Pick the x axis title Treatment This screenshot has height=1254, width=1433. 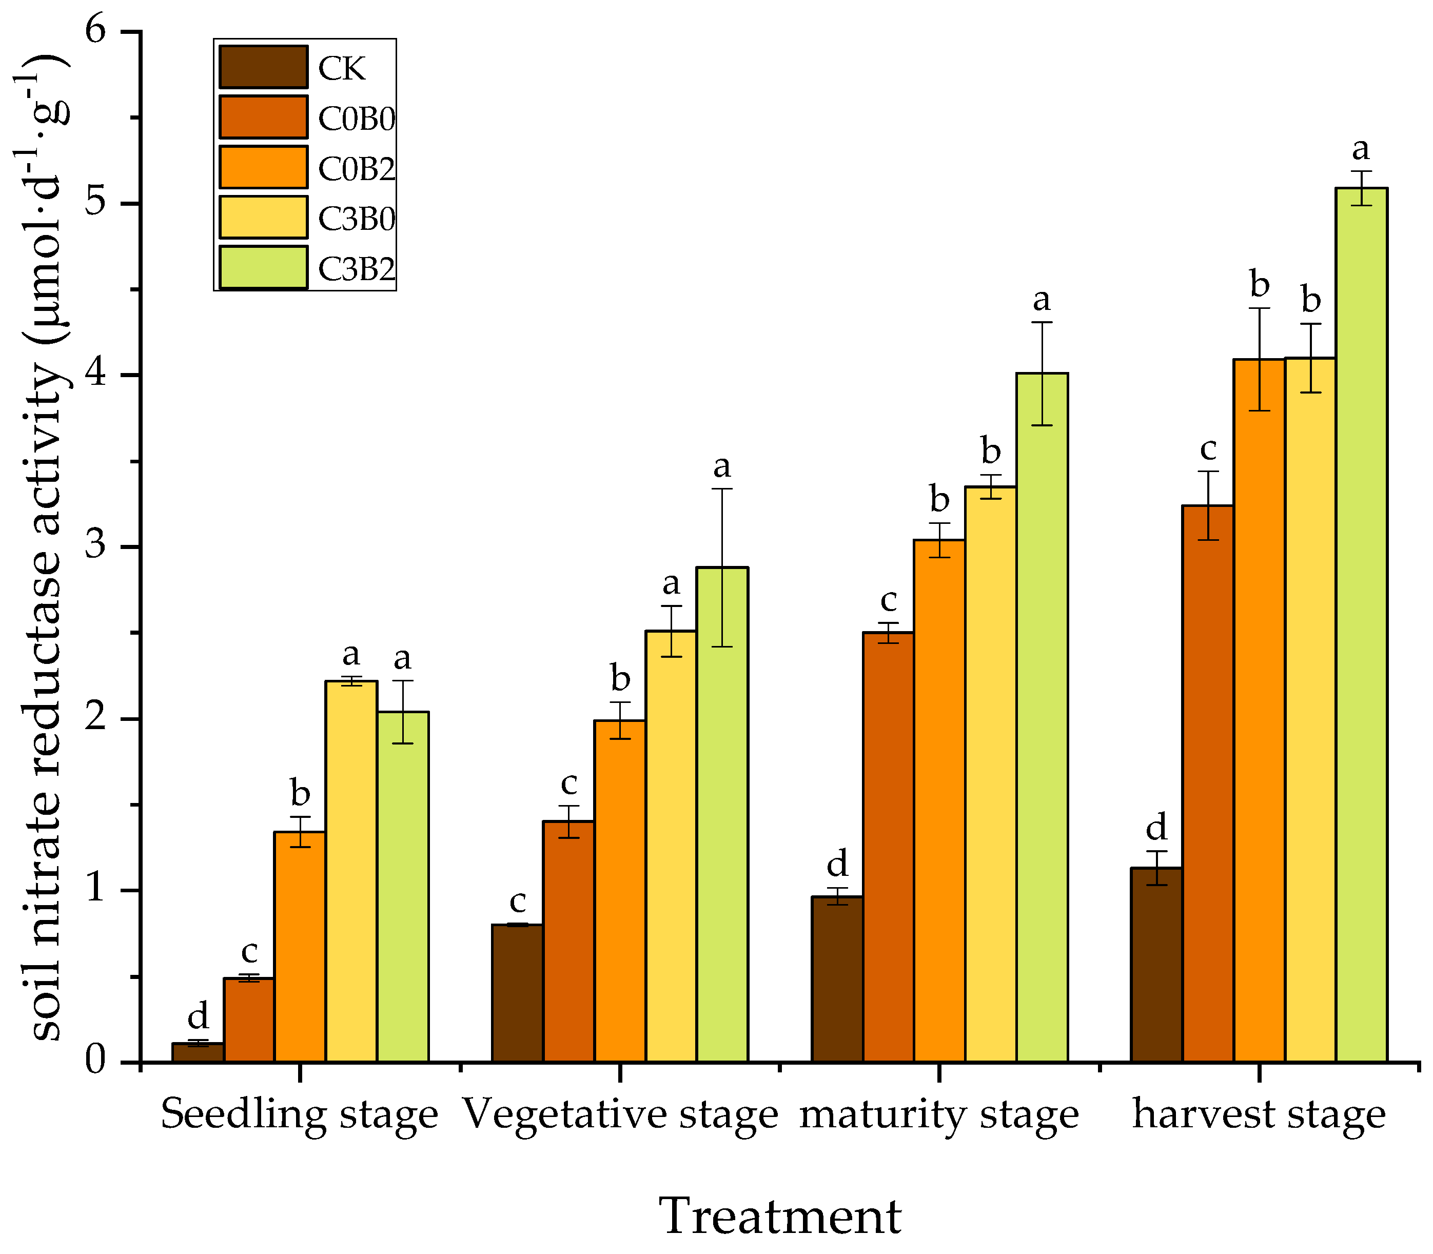point(780,1216)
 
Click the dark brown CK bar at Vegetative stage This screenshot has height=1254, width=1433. point(517,994)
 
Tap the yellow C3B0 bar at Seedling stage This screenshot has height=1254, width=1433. point(351,871)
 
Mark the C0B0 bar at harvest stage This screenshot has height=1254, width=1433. point(1208,784)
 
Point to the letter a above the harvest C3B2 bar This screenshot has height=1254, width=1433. point(1360,148)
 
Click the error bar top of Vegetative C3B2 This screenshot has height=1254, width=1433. point(722,488)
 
